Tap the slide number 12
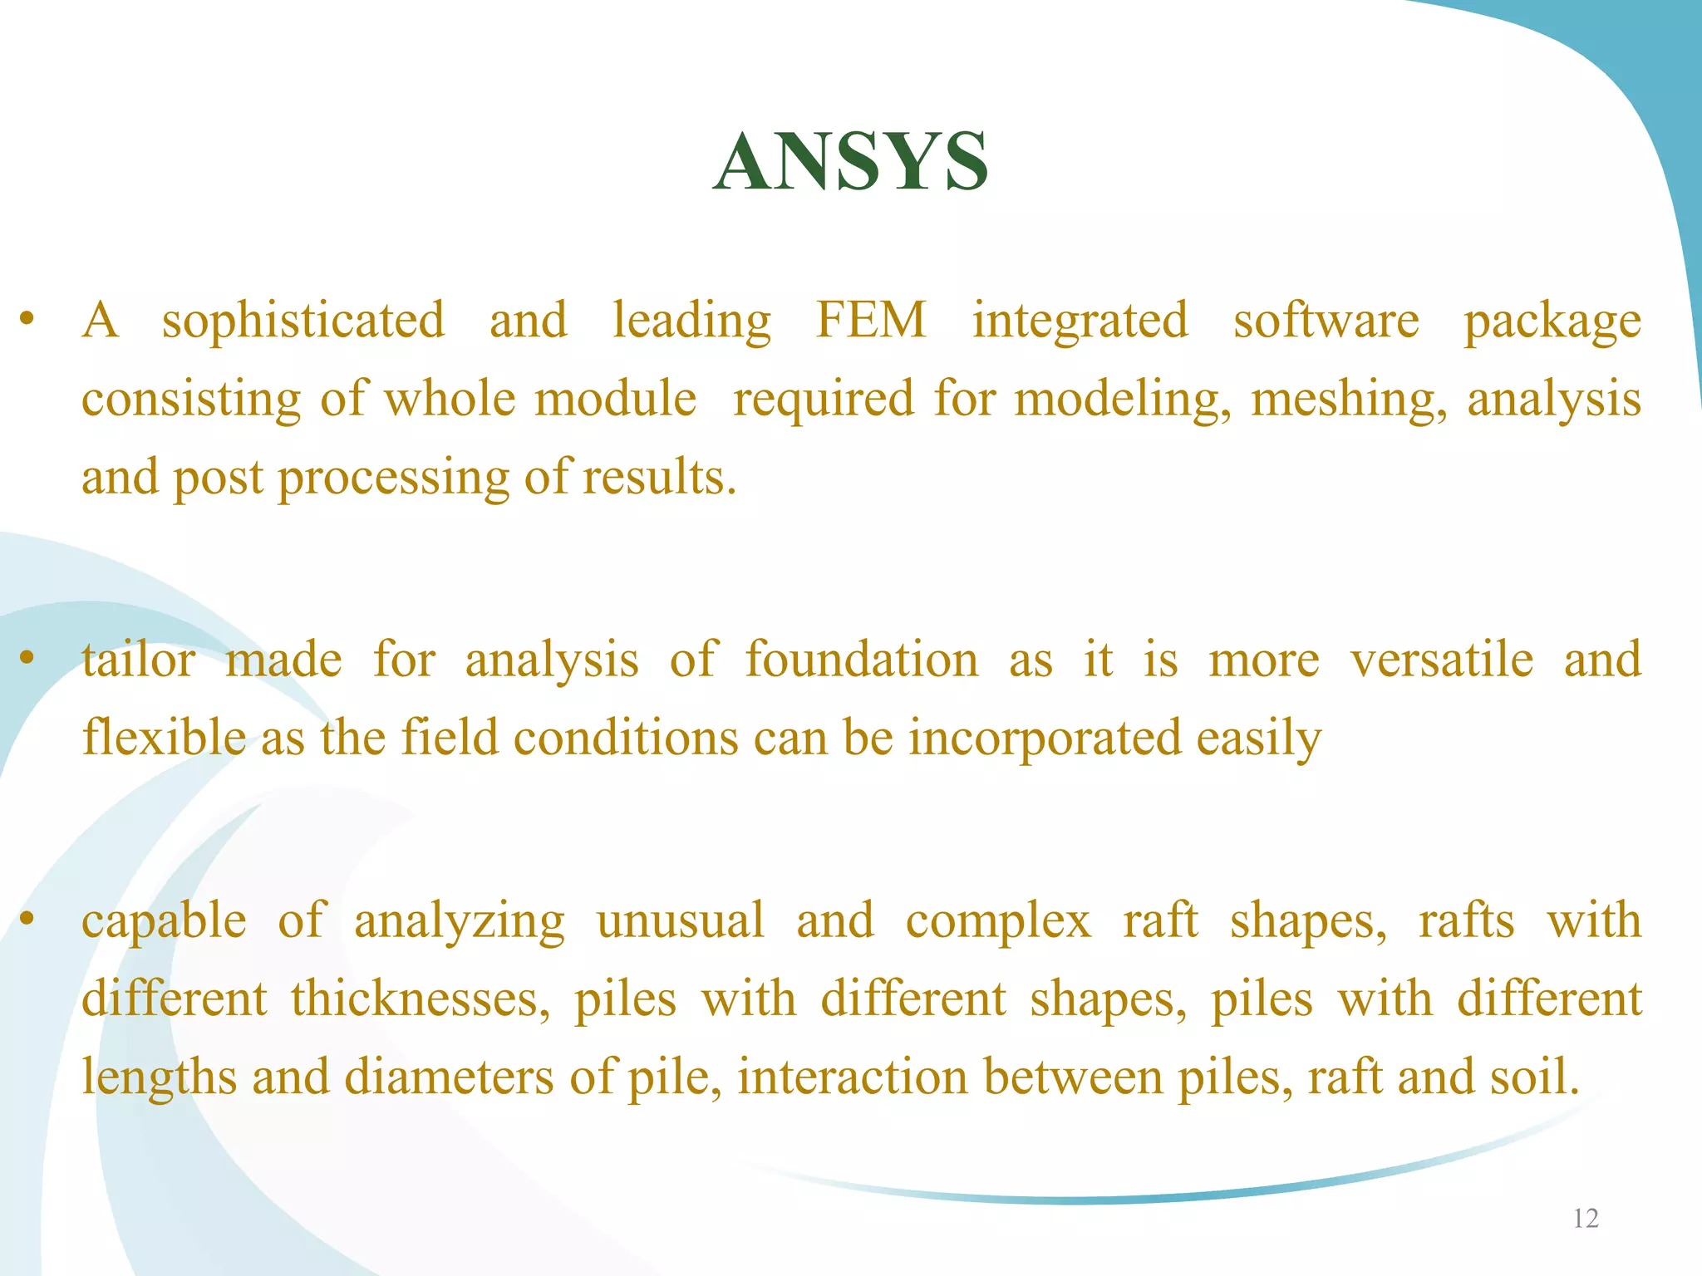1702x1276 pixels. point(1586,1219)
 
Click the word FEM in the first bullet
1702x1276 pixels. point(871,320)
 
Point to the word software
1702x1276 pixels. point(1326,320)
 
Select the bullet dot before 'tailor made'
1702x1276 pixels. point(27,658)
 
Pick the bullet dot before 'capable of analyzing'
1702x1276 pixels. point(27,918)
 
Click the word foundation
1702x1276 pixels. point(861,660)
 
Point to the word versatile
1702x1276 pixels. point(1441,660)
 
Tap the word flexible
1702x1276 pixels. point(164,737)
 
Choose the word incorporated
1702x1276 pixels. point(1044,739)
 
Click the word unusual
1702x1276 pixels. point(680,920)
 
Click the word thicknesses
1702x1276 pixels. point(420,999)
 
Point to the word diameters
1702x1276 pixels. point(449,1077)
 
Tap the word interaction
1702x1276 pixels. point(853,1077)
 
